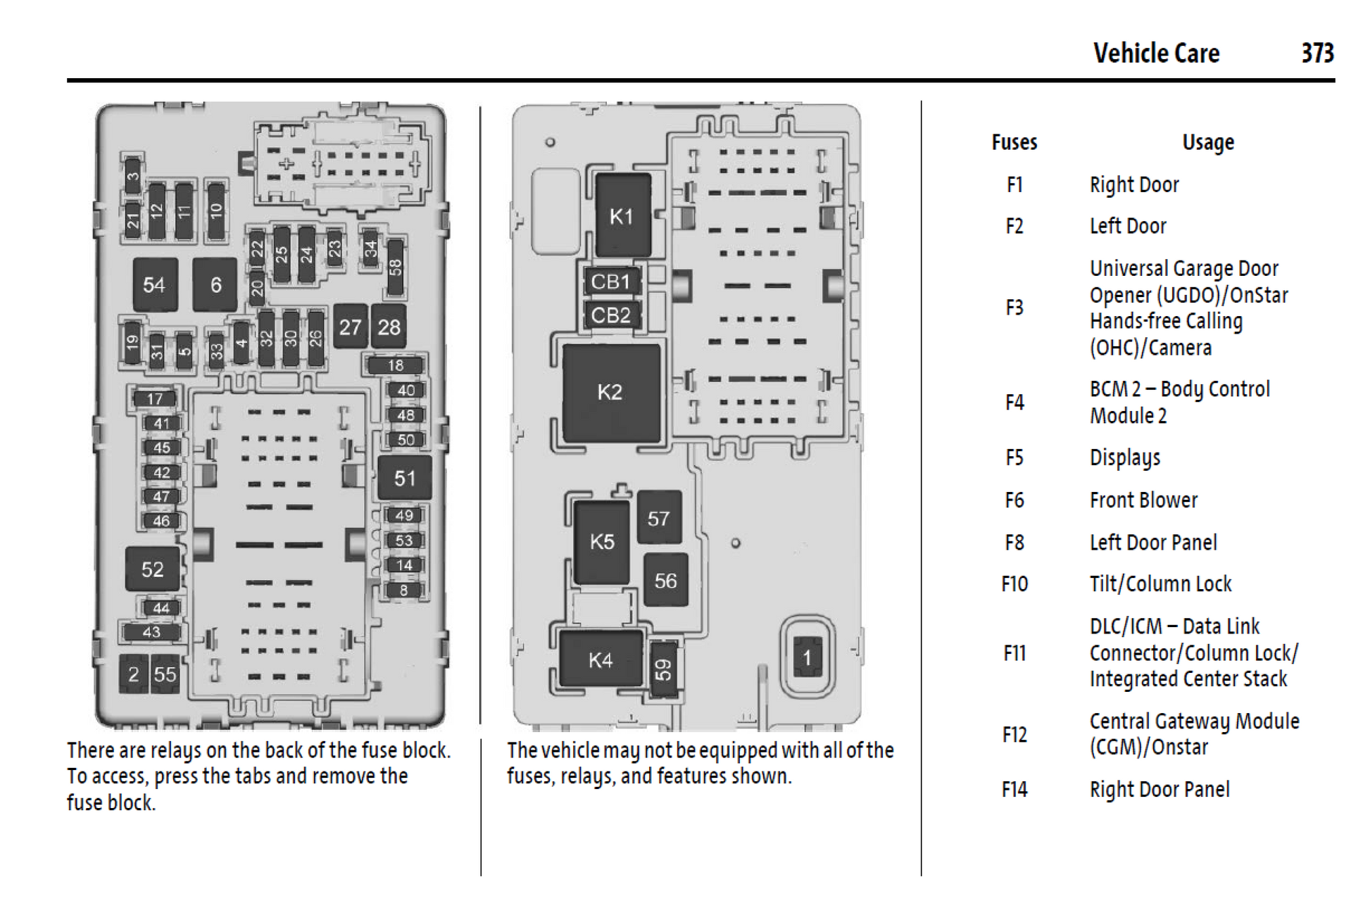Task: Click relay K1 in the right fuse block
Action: coord(622,215)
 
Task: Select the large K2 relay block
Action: coord(610,392)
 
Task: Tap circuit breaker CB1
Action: coord(611,282)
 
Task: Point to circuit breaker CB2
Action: coord(611,315)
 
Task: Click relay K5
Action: coord(602,541)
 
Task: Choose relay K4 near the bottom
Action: coord(601,660)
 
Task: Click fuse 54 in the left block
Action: coord(154,284)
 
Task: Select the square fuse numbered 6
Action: coord(215,284)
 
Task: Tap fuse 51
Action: coord(405,479)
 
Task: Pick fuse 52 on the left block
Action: coord(152,569)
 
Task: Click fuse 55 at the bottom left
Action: coord(165,674)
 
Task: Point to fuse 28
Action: coord(389,327)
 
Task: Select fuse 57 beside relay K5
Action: coord(659,519)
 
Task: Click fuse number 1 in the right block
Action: coord(807,657)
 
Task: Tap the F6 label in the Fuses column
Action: coord(1014,500)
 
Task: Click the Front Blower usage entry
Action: coord(1143,500)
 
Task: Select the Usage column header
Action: coord(1208,143)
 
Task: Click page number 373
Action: coord(1317,53)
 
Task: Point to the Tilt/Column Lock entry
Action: coord(1160,584)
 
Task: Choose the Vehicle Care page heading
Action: coord(1156,53)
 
